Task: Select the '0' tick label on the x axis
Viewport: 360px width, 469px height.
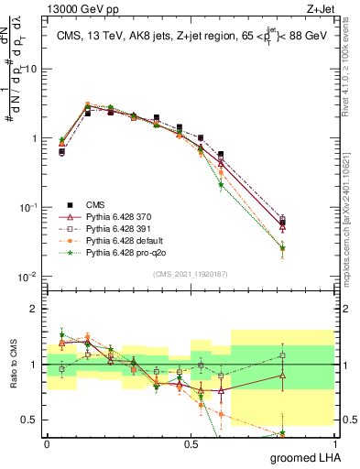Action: pos(47,444)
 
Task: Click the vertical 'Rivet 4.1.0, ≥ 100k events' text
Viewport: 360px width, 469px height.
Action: pos(352,82)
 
